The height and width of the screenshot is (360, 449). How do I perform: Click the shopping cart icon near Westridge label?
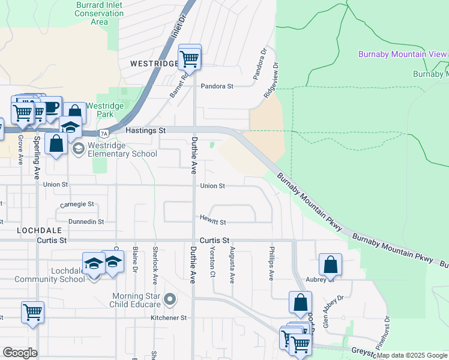pyautogui.click(x=190, y=58)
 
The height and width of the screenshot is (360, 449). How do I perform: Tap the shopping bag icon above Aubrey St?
pyautogui.click(x=330, y=265)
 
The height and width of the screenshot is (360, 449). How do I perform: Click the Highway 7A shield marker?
pyautogui.click(x=104, y=133)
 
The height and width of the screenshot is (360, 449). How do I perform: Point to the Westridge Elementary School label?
pyautogui.click(x=122, y=149)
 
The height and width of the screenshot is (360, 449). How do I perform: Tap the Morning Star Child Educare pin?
pyautogui.click(x=170, y=298)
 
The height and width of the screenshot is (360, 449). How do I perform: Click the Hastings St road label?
pyautogui.click(x=145, y=130)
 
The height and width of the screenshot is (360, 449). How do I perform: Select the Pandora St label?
pyautogui.click(x=217, y=86)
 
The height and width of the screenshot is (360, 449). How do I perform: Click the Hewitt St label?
pyautogui.click(x=213, y=222)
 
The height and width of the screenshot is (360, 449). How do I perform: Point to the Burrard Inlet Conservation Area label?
pyautogui.click(x=100, y=13)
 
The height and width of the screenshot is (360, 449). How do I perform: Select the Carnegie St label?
pyautogui.click(x=77, y=205)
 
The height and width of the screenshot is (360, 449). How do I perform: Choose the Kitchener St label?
pyautogui.click(x=169, y=317)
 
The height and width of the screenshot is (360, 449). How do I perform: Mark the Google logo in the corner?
pyautogui.click(x=20, y=353)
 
